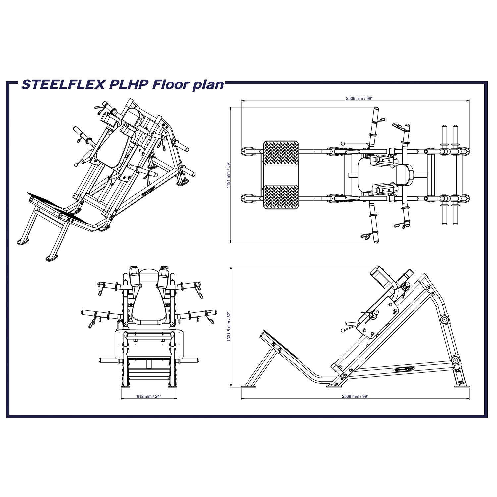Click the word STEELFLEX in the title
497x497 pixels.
(x=63, y=84)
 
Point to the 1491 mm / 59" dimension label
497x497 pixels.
(x=228, y=175)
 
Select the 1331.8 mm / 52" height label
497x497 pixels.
(x=228, y=326)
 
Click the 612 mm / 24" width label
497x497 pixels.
(x=149, y=396)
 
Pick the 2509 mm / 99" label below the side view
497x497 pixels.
(x=355, y=396)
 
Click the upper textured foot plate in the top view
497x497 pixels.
(x=281, y=153)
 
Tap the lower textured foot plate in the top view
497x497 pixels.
(x=281, y=197)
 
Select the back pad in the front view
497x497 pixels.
(x=148, y=303)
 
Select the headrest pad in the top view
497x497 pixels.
(x=404, y=175)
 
